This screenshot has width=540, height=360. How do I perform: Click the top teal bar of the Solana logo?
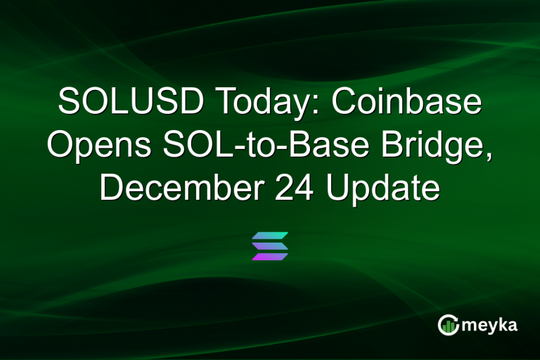[x=270, y=235]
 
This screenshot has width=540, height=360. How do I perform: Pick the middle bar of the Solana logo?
[x=270, y=245]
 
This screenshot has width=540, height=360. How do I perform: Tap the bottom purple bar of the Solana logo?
[x=270, y=257]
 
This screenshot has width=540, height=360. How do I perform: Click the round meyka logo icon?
[x=448, y=324]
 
